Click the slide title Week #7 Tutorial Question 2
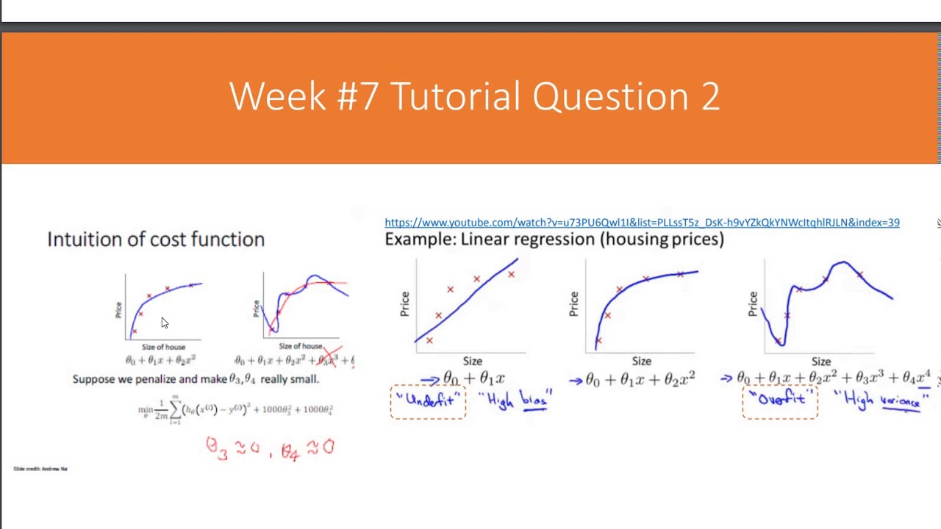474,96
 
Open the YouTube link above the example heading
641,223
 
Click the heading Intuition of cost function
156,240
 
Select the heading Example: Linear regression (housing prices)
554,239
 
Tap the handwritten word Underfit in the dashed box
428,400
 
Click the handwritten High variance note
881,400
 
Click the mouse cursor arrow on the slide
164,323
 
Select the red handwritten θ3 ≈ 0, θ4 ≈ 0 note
270,447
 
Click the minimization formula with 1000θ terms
235,410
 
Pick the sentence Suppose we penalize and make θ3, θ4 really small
196,379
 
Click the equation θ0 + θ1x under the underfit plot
473,378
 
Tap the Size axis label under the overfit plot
820,361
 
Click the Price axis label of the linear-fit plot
404,304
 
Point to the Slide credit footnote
40,469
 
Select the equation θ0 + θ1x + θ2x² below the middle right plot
640,379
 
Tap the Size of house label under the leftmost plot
163,347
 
